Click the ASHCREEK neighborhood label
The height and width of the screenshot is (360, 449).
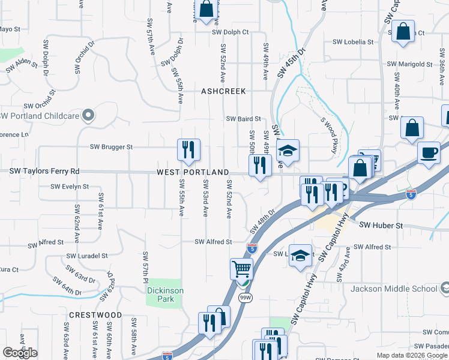(x=223, y=91)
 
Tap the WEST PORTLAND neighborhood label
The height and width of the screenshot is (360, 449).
(x=193, y=172)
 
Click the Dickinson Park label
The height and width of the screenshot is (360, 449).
(x=164, y=290)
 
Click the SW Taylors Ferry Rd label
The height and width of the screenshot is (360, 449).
(x=44, y=171)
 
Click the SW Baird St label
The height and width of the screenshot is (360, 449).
(x=243, y=119)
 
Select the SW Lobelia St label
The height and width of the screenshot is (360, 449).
(x=353, y=43)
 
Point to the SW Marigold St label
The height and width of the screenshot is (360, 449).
(x=409, y=64)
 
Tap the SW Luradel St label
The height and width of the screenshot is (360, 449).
(x=87, y=255)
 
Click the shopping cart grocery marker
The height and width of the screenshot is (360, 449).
(x=241, y=269)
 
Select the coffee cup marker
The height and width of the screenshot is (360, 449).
(x=429, y=152)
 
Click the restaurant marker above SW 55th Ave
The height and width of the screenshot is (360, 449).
(x=188, y=150)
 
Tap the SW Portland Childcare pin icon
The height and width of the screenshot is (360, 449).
(x=89, y=115)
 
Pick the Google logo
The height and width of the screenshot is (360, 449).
(x=20, y=353)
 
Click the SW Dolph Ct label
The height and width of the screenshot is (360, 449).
(x=229, y=32)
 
